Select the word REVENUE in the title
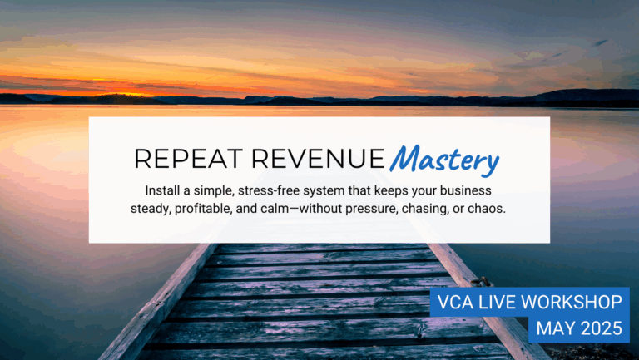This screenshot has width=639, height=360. [318, 159]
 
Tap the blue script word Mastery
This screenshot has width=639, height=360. [444, 160]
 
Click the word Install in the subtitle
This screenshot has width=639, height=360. [159, 190]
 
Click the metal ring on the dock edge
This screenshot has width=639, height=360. [482, 282]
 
